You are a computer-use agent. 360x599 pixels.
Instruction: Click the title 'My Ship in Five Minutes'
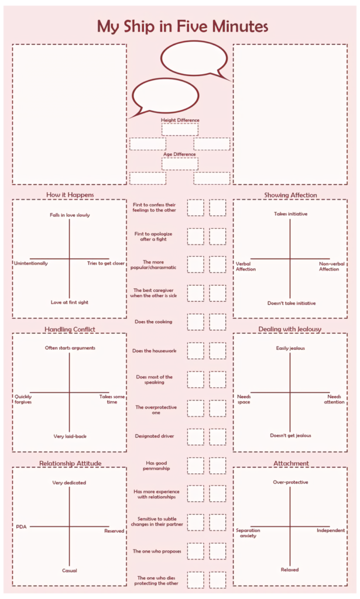coord(182,26)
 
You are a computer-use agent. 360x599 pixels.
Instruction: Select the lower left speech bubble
coord(166,95)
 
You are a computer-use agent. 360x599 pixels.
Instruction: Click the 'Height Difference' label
coord(180,120)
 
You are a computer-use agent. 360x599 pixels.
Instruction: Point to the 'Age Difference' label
coord(180,154)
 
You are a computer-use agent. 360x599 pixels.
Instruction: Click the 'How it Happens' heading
coord(70,195)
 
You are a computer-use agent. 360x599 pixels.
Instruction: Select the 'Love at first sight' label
coord(70,302)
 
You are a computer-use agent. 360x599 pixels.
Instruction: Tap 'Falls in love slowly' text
coord(70,215)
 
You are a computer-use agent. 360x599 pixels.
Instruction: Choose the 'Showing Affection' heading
coord(290,195)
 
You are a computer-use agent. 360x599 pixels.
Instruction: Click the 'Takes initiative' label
coord(290,214)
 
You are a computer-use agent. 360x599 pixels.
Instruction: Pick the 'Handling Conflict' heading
coord(70,329)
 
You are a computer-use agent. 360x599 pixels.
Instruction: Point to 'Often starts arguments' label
coord(70,348)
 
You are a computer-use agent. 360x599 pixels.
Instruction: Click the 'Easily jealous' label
coord(290,349)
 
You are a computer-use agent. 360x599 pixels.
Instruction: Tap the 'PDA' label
coord(21,526)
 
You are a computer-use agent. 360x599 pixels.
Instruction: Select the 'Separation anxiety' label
coord(248,533)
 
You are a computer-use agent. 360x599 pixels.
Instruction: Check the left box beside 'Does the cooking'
coord(196,322)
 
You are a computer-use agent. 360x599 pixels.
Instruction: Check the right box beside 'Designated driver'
coord(218,436)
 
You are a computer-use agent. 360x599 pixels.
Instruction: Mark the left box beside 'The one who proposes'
coord(196,551)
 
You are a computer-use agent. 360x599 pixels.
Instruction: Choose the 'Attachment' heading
coord(290,463)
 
